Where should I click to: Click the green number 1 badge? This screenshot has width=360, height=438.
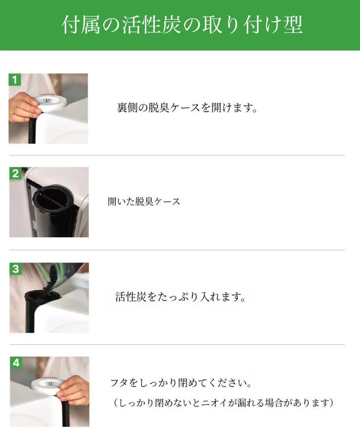pos(15,80)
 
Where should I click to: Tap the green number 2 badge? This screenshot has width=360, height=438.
pos(15,173)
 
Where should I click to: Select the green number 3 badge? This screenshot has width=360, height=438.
pos(16,269)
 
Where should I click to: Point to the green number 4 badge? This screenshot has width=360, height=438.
pos(16,363)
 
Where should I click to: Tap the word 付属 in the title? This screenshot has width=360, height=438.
pos(81,25)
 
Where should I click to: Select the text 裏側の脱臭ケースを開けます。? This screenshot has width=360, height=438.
pos(187,108)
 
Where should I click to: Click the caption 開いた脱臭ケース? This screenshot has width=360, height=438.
pos(144,201)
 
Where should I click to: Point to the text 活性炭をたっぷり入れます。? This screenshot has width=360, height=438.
pos(181,297)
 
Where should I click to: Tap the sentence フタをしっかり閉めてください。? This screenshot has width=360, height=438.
pos(181,383)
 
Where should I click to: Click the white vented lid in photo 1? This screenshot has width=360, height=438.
pos(50,101)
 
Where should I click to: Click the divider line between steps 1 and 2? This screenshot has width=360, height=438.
pos(177,155)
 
